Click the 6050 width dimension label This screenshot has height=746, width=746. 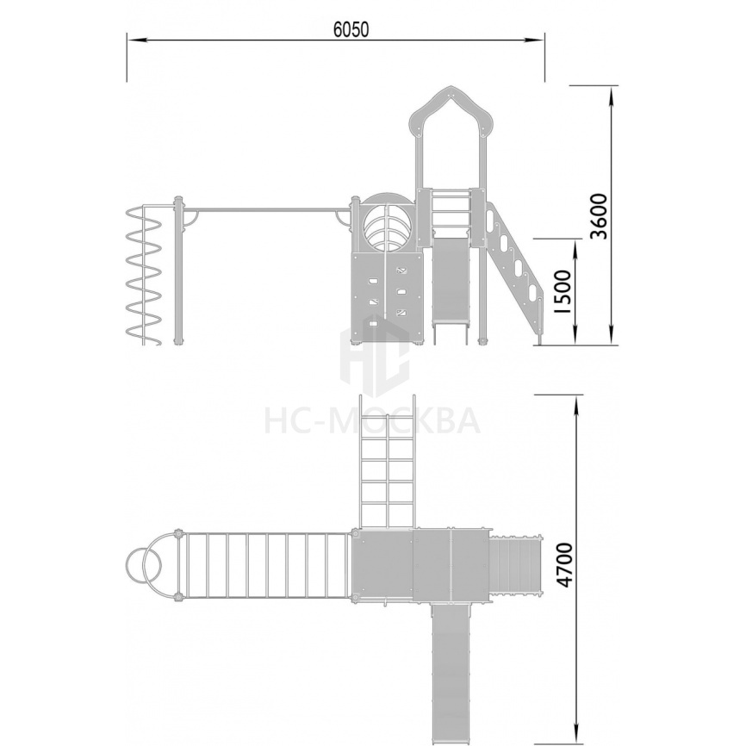pyautogui.click(x=351, y=29)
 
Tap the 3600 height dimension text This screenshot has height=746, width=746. pyautogui.click(x=599, y=216)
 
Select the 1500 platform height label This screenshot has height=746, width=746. pyautogui.click(x=563, y=291)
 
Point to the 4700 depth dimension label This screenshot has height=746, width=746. pyautogui.click(x=565, y=565)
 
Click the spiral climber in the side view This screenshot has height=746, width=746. pyautogui.click(x=144, y=276)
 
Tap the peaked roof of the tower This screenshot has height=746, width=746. pyautogui.click(x=451, y=109)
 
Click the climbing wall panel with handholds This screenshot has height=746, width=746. pyautogui.click(x=386, y=297)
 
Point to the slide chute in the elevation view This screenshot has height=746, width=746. pyautogui.click(x=450, y=282)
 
